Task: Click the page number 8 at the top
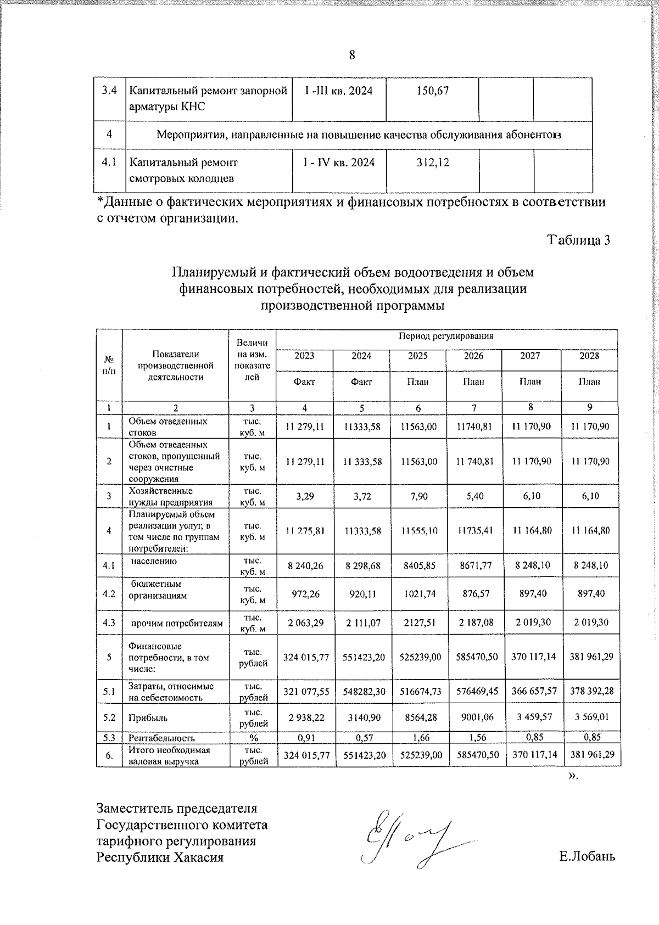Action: [x=352, y=55]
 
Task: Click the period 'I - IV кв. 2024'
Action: [x=339, y=162]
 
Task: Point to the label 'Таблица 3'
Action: [x=578, y=240]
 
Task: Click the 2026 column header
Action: [x=473, y=356]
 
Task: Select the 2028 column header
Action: [x=589, y=356]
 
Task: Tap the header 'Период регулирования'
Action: [x=446, y=336]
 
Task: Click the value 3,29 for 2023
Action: [x=304, y=496]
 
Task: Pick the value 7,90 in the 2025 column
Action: [x=418, y=496]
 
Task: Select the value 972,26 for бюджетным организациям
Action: [x=304, y=594]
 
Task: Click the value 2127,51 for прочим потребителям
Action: [x=418, y=623]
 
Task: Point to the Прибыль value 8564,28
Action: [x=418, y=717]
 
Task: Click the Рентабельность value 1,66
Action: [x=418, y=738]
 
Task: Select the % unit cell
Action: [x=253, y=738]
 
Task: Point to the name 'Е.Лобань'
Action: [x=587, y=856]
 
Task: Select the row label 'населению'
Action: [x=153, y=561]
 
